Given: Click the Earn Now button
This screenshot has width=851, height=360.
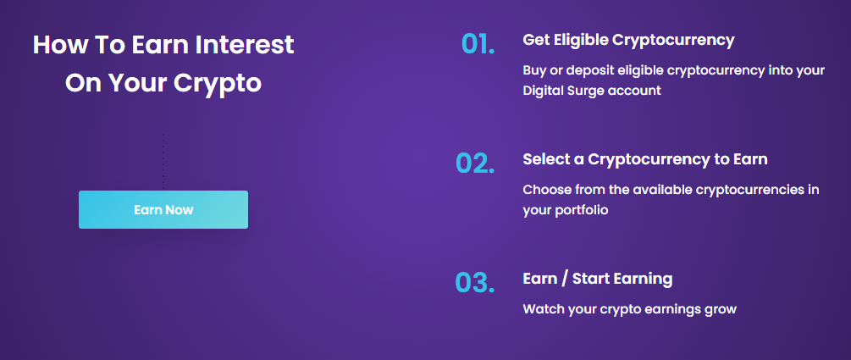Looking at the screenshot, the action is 163,209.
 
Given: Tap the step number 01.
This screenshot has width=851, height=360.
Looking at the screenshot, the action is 478,44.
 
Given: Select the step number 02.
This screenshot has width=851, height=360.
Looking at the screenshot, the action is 475,163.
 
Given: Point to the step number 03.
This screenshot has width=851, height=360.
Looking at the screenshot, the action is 475,282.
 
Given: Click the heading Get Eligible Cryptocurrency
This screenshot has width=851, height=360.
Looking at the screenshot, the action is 628,41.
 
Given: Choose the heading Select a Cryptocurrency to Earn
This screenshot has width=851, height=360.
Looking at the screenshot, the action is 645,160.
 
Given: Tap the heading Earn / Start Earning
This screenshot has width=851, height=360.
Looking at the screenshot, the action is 598,280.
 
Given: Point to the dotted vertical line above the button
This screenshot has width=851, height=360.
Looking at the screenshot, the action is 163,161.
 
